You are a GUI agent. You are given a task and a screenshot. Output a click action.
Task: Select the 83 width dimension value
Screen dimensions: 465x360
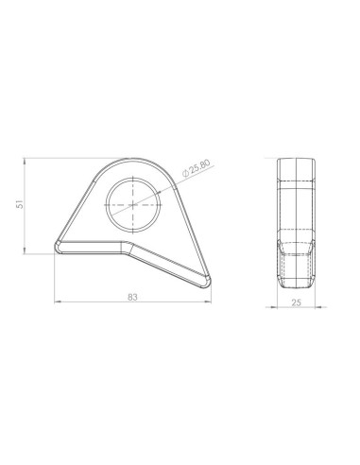coord(132,297)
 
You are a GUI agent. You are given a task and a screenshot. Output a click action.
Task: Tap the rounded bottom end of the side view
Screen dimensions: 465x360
coord(297,285)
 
